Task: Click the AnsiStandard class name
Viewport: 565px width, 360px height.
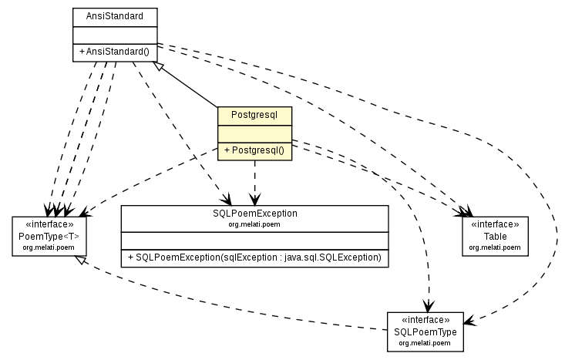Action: click(x=114, y=15)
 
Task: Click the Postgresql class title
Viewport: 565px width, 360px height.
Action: click(x=255, y=114)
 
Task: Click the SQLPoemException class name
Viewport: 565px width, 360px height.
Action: click(x=254, y=214)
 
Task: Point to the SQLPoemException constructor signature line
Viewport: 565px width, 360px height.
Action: click(x=254, y=257)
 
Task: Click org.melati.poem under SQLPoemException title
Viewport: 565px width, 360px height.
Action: click(x=254, y=224)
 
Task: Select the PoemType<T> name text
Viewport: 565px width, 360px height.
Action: click(x=49, y=237)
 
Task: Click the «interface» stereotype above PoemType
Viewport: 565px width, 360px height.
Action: click(x=49, y=225)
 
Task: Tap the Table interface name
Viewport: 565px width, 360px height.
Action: click(x=495, y=237)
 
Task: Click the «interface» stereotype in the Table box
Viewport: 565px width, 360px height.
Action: click(x=495, y=225)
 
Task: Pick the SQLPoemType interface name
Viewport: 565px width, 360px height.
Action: click(x=425, y=331)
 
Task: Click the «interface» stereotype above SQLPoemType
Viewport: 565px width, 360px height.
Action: click(x=425, y=320)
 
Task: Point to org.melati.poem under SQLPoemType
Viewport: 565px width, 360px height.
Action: click(x=425, y=342)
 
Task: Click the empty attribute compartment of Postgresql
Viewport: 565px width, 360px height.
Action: click(x=255, y=133)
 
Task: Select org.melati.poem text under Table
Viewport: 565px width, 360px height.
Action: click(x=495, y=247)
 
